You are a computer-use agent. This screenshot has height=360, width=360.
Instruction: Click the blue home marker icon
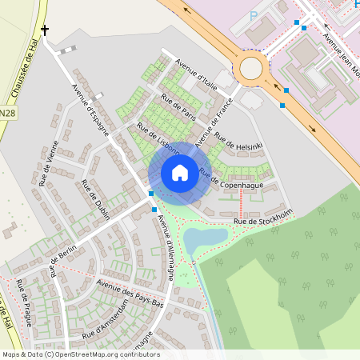tap(179, 172)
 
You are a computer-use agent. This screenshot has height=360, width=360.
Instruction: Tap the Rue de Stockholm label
tap(262, 216)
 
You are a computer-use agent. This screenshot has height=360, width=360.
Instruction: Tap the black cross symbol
tap(45, 30)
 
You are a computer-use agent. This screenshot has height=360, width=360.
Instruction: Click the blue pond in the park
tap(205, 238)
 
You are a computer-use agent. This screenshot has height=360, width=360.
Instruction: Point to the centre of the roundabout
tap(251, 68)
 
